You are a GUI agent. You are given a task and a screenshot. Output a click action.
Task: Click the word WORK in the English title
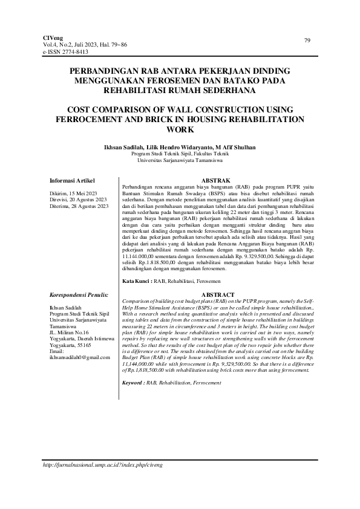(x=180, y=129)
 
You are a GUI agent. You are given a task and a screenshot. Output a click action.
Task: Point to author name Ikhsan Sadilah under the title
(x=124, y=148)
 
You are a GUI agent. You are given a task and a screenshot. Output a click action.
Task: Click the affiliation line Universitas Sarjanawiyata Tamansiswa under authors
(x=180, y=161)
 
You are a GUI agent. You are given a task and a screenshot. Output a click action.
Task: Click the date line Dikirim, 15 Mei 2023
(x=74, y=193)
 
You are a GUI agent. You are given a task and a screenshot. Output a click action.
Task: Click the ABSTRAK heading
(x=217, y=180)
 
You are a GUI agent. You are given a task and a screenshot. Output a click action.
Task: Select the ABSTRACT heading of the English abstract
(x=217, y=294)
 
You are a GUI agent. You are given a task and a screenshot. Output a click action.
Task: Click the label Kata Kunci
(x=136, y=282)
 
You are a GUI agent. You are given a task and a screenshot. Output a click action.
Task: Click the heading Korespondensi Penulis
(x=79, y=294)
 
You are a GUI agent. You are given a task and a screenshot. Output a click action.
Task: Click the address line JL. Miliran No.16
(x=68, y=332)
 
